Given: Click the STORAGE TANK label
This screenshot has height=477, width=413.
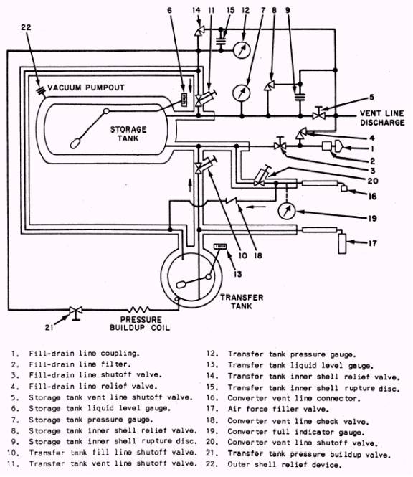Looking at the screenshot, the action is tap(128, 134).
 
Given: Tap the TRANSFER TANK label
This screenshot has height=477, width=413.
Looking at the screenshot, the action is tap(242, 301).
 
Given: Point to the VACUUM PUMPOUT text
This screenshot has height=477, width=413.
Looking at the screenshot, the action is tap(86, 88).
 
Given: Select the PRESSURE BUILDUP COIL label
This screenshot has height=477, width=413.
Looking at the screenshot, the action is tap(140, 323).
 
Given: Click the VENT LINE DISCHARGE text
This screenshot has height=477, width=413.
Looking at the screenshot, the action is tap(382, 118).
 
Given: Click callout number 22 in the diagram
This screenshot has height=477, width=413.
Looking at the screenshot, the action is tap(26, 27).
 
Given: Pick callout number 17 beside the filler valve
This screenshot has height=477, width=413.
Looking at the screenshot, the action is tap(373, 243).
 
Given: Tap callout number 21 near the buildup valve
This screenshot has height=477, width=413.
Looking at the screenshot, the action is tap(49, 327).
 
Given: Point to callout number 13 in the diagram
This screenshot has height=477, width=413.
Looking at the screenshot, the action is tap(237, 274).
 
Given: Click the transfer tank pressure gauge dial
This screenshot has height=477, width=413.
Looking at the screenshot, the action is tap(242, 49).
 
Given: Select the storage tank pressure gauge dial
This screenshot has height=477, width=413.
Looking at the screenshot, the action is tap(242, 93).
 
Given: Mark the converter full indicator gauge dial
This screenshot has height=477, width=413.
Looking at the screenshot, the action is tap(287, 211).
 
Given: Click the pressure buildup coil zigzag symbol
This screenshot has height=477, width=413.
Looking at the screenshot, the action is tap(138, 310).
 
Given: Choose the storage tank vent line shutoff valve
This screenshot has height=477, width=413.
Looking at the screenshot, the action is tap(319, 114).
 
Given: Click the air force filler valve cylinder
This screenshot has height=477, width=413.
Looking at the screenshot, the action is tap(342, 243).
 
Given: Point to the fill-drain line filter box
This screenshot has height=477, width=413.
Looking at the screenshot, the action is tap(326, 146).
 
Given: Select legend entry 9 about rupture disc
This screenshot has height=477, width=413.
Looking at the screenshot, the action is tap(103, 441).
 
